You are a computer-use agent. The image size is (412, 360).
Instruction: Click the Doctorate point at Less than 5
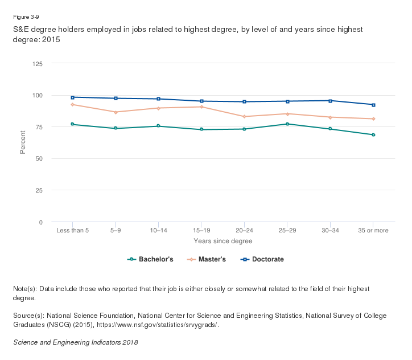[72, 97]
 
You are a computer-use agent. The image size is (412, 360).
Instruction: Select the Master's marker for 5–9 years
[116, 112]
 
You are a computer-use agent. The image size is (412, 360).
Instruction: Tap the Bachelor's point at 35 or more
[373, 135]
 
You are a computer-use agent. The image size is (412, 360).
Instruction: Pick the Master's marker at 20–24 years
[244, 117]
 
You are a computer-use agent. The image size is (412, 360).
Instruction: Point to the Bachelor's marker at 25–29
[287, 124]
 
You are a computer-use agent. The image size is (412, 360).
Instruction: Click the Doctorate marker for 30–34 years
[331, 101]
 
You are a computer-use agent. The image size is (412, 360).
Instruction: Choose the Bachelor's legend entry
[150, 260]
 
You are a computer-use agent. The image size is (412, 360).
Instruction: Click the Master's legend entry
[207, 260]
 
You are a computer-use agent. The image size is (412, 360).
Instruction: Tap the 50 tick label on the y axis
[39, 159]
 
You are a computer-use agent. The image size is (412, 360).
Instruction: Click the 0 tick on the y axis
[41, 222]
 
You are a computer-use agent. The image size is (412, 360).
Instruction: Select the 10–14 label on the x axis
[158, 231]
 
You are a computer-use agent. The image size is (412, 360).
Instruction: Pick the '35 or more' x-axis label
[373, 231]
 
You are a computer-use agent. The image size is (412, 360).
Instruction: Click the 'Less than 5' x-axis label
[72, 231]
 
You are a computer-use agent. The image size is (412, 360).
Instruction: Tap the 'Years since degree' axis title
[223, 242]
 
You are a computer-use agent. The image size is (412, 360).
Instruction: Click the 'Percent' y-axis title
[23, 143]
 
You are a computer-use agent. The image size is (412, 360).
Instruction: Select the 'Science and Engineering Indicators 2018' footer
[75, 343]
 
